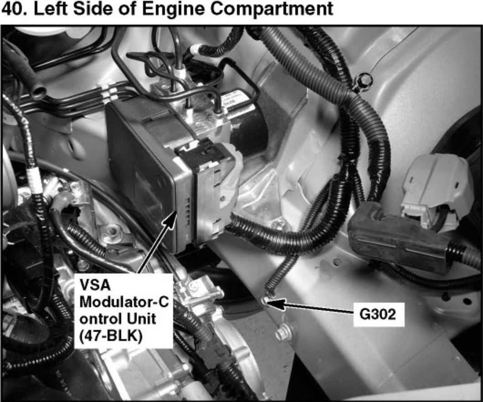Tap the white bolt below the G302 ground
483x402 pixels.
click(281, 333)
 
